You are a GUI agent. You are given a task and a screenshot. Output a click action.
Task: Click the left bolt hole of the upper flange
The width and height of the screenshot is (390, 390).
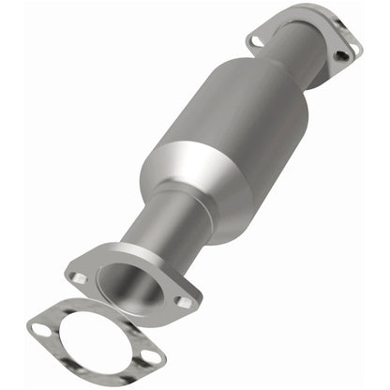click(x=255, y=40)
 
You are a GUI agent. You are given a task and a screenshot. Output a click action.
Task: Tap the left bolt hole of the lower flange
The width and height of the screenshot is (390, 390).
click(x=80, y=277)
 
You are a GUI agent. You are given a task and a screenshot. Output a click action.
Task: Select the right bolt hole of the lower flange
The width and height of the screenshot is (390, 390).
click(x=185, y=302)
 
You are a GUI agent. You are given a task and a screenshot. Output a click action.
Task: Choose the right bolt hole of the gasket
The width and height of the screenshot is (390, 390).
click(x=148, y=356)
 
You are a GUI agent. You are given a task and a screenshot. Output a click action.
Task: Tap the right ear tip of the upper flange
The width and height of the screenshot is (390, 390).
click(x=357, y=49)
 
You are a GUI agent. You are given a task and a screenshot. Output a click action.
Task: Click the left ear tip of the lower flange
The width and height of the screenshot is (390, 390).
click(x=67, y=274)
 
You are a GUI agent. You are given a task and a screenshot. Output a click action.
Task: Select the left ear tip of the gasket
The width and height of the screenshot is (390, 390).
click(x=29, y=326)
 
